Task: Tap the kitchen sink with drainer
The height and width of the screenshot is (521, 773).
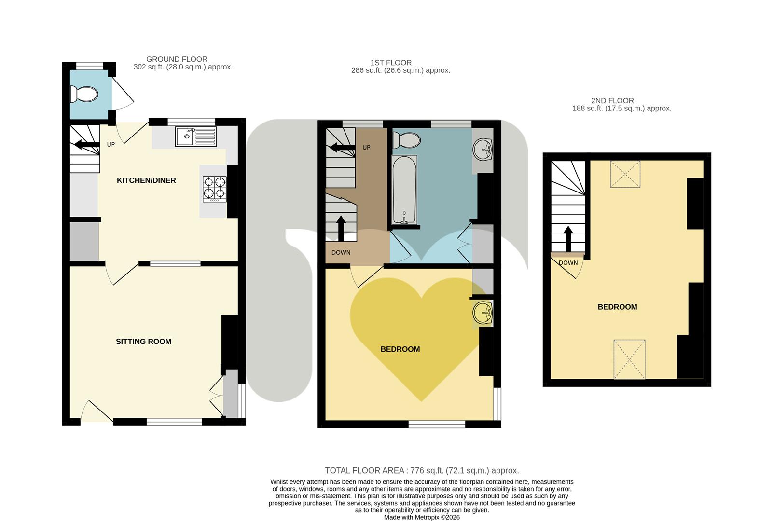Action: (196, 137)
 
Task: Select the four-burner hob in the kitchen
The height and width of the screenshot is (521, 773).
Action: (215, 188)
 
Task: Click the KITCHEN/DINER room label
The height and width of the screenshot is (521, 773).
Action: (146, 180)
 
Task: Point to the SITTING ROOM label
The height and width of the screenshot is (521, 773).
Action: (143, 342)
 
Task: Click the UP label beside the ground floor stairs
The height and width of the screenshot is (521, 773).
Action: (111, 145)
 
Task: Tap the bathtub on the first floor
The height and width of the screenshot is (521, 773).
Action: (404, 190)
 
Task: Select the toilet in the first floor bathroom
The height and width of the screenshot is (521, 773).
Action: (406, 140)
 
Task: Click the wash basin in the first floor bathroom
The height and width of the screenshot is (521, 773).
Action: (482, 150)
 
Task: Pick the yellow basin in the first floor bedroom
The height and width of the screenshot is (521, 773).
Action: (483, 313)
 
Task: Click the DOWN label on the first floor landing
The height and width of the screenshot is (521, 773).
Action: (341, 253)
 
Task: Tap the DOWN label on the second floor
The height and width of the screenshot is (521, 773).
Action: (568, 263)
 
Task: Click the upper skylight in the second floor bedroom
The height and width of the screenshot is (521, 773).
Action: (625, 174)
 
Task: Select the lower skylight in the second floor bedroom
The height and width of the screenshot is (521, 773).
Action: (629, 359)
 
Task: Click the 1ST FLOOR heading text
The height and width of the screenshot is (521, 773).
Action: (391, 63)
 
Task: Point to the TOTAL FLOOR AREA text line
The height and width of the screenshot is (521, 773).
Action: (422, 471)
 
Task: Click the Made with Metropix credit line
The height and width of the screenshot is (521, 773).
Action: (422, 517)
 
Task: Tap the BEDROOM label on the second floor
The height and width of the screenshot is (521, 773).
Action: (617, 307)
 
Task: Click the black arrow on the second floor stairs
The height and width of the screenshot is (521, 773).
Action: (568, 238)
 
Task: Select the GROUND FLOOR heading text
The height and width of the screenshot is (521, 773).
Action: (177, 59)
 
